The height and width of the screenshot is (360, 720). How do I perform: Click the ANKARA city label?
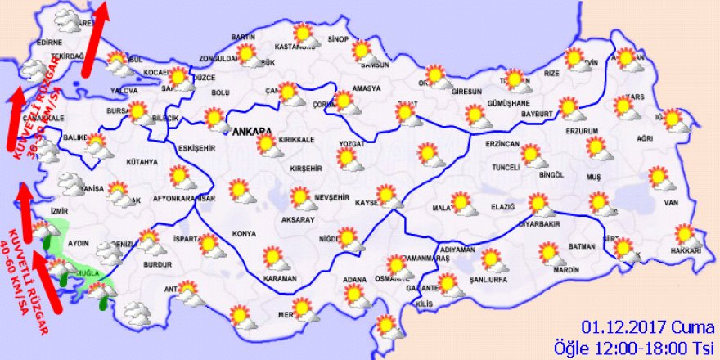point(254,131)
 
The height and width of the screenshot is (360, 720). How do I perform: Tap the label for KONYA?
point(245,234)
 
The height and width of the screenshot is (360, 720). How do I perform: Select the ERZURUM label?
point(583,131)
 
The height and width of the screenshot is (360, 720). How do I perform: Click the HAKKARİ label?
point(686,250)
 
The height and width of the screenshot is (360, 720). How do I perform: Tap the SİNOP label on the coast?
point(338,38)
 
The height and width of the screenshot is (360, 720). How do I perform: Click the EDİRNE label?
point(50,43)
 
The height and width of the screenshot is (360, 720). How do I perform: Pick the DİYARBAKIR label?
point(539,223)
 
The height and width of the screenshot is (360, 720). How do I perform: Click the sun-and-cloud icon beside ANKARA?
point(268,146)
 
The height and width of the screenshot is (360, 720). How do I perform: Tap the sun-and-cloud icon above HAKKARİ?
point(684,235)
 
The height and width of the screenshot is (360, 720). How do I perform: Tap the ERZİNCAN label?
point(502,144)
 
